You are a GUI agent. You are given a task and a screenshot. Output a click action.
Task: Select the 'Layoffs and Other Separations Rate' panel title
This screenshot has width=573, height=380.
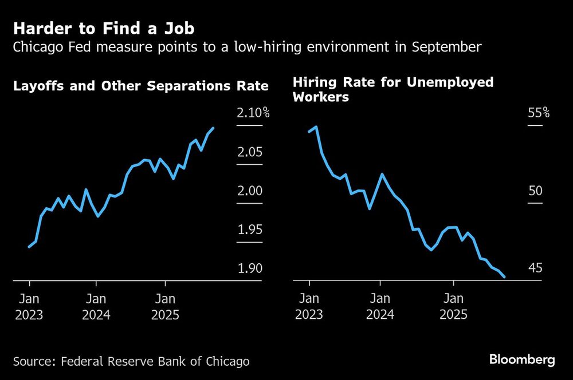pyautogui.click(x=141, y=86)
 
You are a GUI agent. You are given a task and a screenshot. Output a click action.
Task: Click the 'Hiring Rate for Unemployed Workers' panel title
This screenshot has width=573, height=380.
pyautogui.click(x=393, y=89)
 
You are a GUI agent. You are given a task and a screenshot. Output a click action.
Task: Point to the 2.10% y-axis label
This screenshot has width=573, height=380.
pyautogui.click(x=253, y=113)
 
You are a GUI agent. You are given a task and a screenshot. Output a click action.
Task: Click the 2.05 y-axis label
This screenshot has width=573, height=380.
pyautogui.click(x=249, y=152)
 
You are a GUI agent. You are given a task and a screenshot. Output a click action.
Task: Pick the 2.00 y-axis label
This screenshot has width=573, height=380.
pyautogui.click(x=249, y=191)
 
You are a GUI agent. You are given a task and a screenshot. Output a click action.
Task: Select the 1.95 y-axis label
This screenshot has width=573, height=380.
pyautogui.click(x=249, y=230)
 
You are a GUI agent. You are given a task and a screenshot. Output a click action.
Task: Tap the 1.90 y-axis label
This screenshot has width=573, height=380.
pyautogui.click(x=249, y=269)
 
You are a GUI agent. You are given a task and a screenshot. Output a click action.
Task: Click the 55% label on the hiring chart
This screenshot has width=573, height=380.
pyautogui.click(x=539, y=113)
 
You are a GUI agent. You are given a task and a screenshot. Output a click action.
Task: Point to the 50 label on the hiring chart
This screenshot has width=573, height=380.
pyautogui.click(x=535, y=191)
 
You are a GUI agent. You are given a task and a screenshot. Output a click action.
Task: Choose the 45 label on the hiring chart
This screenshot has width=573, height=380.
pyautogui.click(x=535, y=269)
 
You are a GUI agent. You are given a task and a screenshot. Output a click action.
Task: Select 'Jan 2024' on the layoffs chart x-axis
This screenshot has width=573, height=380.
pyautogui.click(x=96, y=307)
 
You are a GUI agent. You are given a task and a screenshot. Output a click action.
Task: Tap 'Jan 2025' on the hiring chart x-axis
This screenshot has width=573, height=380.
pyautogui.click(x=454, y=307)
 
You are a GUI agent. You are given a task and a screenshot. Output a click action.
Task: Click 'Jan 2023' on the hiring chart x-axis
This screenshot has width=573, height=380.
pyautogui.click(x=309, y=307)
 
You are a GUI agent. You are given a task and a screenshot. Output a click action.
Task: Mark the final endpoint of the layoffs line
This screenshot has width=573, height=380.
pyautogui.click(x=214, y=128)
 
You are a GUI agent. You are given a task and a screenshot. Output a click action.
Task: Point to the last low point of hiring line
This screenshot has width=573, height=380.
pyautogui.click(x=504, y=277)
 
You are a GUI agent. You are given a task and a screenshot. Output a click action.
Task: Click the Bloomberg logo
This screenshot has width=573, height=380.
pyautogui.click(x=522, y=360)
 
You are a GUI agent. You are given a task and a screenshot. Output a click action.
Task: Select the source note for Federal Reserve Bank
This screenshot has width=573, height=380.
pyautogui.click(x=131, y=361)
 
